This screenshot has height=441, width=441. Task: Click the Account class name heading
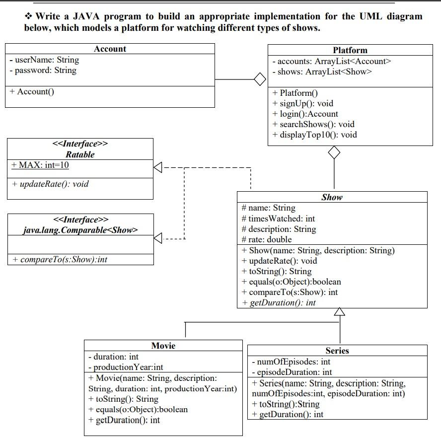[x=110, y=49]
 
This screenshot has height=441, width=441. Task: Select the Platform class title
[x=350, y=50]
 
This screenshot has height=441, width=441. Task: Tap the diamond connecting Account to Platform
[x=259, y=79]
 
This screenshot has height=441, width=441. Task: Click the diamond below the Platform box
[x=334, y=153]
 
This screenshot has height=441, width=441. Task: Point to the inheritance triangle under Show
[x=339, y=312]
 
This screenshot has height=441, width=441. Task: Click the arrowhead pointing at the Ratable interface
[x=158, y=168]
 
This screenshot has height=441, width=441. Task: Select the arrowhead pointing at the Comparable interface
[x=158, y=239]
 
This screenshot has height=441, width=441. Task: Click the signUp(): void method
[x=303, y=103]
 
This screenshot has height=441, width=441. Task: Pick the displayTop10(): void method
[x=314, y=135]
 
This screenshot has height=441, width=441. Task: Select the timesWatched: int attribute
[x=278, y=219]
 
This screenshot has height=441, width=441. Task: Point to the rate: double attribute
[x=266, y=239]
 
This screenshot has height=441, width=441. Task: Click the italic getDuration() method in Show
[x=279, y=302]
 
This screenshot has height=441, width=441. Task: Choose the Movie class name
[x=163, y=346]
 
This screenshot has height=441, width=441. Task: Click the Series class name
[x=337, y=351]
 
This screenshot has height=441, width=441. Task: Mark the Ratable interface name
[x=80, y=154]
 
